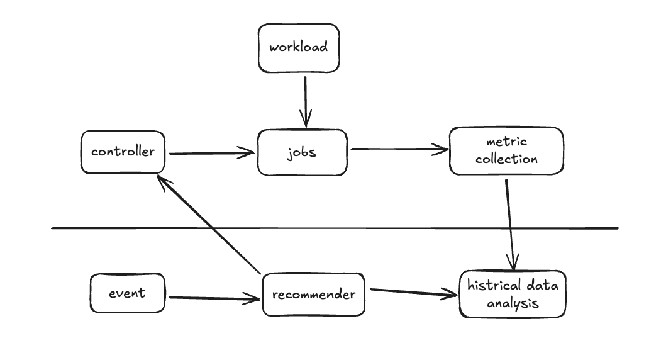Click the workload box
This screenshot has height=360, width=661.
[299, 48]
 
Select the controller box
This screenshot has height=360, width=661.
[123, 152]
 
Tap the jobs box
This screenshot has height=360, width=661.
[302, 152]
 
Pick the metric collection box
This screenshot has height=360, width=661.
[506, 150]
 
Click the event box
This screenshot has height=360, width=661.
[128, 293]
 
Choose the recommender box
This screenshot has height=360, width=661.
[313, 295]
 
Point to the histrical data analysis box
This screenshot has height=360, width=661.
[513, 294]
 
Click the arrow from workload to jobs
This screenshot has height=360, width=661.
[305, 101]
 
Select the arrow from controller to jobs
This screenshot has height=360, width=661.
[211, 153]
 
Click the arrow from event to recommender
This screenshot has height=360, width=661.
[214, 298]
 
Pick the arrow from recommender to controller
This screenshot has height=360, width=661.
[209, 225]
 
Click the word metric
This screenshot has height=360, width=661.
[506, 142]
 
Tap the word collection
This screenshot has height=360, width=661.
[506, 159]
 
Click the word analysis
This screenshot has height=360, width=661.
[513, 303]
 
